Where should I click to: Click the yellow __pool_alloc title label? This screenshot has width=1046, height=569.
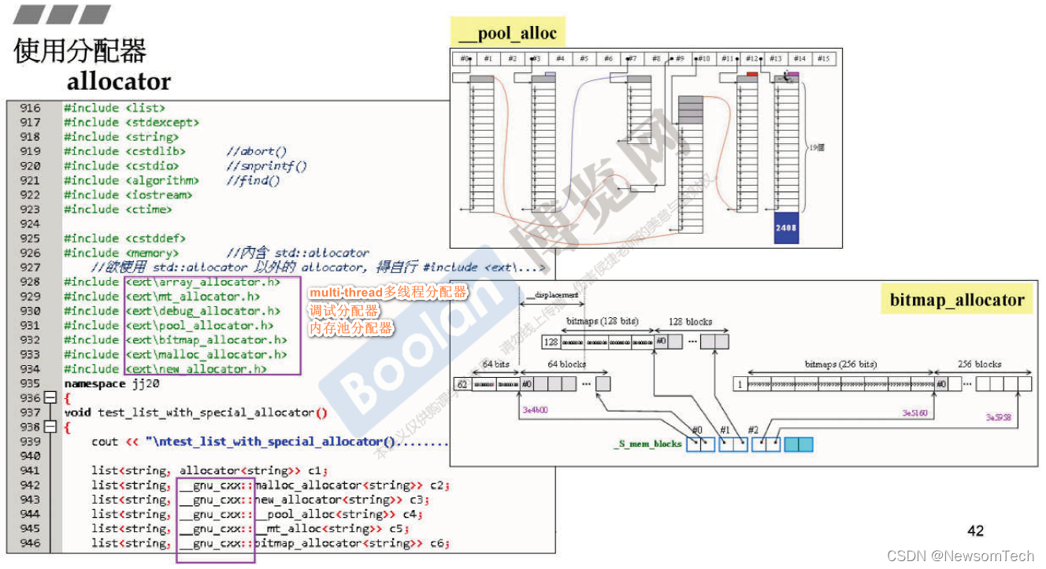point(508,33)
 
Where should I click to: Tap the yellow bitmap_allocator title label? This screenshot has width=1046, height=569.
point(956,300)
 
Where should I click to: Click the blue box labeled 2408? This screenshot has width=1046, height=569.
point(786,227)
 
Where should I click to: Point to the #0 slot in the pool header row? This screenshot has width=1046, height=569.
point(465,59)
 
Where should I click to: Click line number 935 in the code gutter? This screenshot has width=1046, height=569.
point(30,383)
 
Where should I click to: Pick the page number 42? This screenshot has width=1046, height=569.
point(975,531)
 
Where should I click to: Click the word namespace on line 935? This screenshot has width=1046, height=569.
point(95,383)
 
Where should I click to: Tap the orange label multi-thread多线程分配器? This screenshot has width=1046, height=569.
point(388,293)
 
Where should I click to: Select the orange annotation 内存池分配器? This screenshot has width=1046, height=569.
point(351,328)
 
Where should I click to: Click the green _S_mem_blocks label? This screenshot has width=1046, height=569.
point(647,444)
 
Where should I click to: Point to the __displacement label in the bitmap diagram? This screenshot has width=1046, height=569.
point(551,295)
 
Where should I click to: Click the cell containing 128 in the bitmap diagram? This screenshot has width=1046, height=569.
point(551,342)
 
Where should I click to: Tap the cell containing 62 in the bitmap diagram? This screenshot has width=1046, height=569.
point(462,384)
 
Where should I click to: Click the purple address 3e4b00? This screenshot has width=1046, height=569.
point(536,410)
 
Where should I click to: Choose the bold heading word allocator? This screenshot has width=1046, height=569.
point(118,82)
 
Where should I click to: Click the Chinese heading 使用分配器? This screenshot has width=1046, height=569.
point(80,51)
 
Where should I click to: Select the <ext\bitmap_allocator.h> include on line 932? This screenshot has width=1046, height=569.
point(206,340)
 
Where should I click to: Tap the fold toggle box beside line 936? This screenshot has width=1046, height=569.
point(50,398)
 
